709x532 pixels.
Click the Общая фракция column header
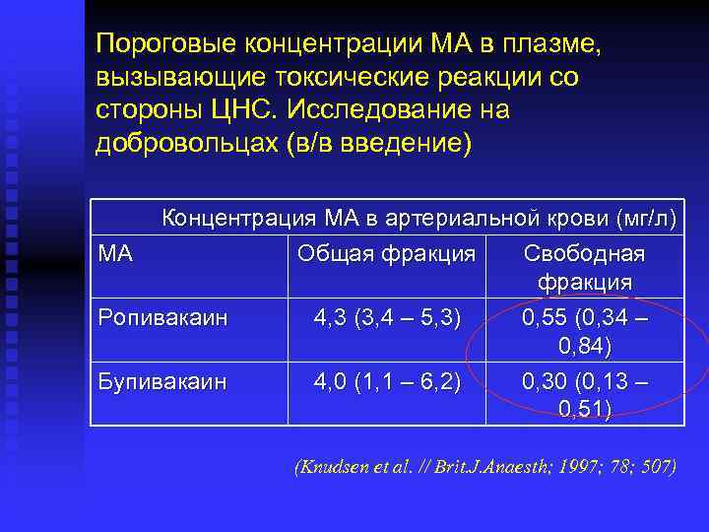pos(386,254)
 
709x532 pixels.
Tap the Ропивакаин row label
pos(161,317)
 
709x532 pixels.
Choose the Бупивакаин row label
pos(161,380)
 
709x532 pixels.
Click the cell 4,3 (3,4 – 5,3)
pos(387,317)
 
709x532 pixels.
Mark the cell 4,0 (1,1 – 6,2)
pos(387,380)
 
